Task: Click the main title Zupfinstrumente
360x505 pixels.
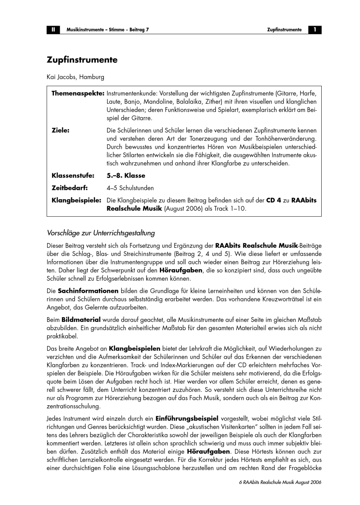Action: [x=82, y=60]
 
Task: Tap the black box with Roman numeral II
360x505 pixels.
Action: [x=53, y=30]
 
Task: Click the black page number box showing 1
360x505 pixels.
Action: [x=315, y=30]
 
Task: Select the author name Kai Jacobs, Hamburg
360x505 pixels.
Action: [x=75, y=77]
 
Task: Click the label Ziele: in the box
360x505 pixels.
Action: [x=60, y=130]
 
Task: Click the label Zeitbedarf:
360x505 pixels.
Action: [x=69, y=188]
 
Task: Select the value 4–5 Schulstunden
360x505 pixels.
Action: [x=130, y=188]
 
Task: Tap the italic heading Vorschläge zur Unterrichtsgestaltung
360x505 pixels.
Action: [x=101, y=232]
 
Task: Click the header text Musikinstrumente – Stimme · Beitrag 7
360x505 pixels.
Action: [x=108, y=30]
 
